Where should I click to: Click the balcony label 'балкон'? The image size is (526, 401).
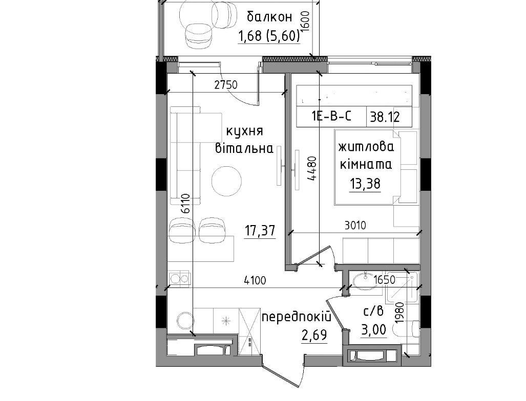[x=269, y=17]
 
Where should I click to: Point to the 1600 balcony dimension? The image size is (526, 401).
[x=306, y=22]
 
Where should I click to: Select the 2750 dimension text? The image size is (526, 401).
[x=226, y=85]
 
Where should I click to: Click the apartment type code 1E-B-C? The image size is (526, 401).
[x=331, y=116]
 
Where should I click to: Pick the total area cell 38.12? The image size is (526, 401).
[x=385, y=117]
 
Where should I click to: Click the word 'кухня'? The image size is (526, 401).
[x=244, y=131]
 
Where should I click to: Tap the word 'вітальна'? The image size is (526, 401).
[x=244, y=147]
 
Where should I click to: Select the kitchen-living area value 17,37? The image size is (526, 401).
[x=260, y=231]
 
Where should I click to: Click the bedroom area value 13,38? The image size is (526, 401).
[x=365, y=184]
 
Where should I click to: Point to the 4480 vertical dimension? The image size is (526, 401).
[x=312, y=169]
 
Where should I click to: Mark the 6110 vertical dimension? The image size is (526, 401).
[x=185, y=204]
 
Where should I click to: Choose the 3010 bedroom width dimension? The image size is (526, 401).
[x=355, y=225]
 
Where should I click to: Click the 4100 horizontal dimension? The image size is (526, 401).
[x=255, y=280]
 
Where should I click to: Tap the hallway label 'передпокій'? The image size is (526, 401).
[x=296, y=317]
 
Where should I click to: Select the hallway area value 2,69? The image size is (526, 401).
[x=314, y=335]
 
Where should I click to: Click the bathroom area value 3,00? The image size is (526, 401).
[x=373, y=330]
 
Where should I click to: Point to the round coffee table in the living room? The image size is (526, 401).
[x=226, y=181]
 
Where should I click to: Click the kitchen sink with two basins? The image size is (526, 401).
[x=180, y=278]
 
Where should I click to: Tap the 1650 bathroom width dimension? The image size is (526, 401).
[x=385, y=279]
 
